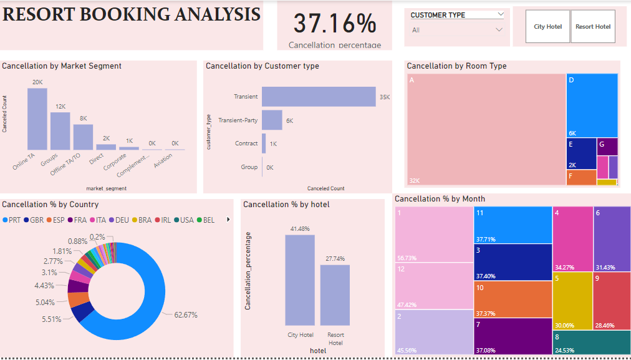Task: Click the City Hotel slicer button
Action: click(x=547, y=27)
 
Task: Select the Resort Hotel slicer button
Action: click(x=593, y=27)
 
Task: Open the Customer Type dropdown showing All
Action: click(x=457, y=30)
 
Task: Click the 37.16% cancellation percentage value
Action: click(x=335, y=24)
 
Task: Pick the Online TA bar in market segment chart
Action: click(x=37, y=119)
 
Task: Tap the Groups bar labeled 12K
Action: click(x=60, y=131)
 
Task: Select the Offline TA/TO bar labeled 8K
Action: click(x=83, y=137)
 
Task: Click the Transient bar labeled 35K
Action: click(x=318, y=97)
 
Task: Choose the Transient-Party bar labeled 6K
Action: click(x=272, y=120)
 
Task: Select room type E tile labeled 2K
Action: click(x=580, y=153)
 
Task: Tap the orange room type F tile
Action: click(x=581, y=178)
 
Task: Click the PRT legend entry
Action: click(x=12, y=220)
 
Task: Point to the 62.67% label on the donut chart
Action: click(x=185, y=315)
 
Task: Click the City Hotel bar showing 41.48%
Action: click(x=300, y=280)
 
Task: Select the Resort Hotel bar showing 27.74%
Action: click(x=335, y=294)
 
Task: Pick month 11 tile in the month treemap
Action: click(x=513, y=225)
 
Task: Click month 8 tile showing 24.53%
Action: click(x=590, y=343)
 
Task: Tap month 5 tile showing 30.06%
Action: click(x=572, y=301)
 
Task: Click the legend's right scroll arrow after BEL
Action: click(x=228, y=220)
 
